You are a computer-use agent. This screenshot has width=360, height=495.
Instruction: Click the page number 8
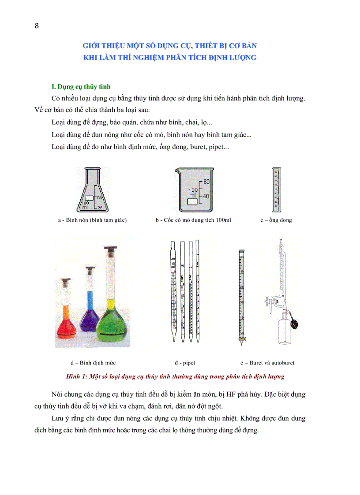tap(37, 26)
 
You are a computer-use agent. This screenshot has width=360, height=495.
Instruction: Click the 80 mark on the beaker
tap(206, 181)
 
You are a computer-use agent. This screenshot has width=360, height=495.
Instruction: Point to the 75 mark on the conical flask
tap(99, 198)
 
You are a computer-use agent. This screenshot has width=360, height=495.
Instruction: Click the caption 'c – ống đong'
tap(276, 220)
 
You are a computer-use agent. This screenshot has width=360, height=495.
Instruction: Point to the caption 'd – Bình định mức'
tap(93, 363)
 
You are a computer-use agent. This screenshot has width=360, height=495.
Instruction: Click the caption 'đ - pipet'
tap(185, 363)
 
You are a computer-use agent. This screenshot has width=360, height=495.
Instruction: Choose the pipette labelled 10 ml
tap(173, 291)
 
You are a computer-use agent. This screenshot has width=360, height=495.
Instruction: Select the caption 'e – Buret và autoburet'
tap(267, 363)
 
